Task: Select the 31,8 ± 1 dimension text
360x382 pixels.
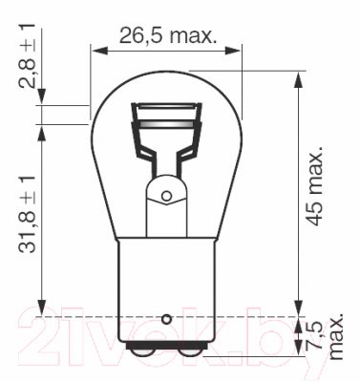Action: pyautogui.click(x=27, y=213)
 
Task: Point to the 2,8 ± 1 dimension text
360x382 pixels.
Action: pyautogui.click(x=27, y=55)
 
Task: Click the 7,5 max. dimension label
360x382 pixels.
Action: pyautogui.click(x=327, y=336)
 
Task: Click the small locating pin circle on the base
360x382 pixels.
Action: pyautogui.click(x=166, y=319)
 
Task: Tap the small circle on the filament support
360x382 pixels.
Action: pyautogui.click(x=166, y=195)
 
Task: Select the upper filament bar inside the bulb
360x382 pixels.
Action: pyautogui.click(x=167, y=106)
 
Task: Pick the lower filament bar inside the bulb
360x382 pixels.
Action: pyautogui.click(x=167, y=124)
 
